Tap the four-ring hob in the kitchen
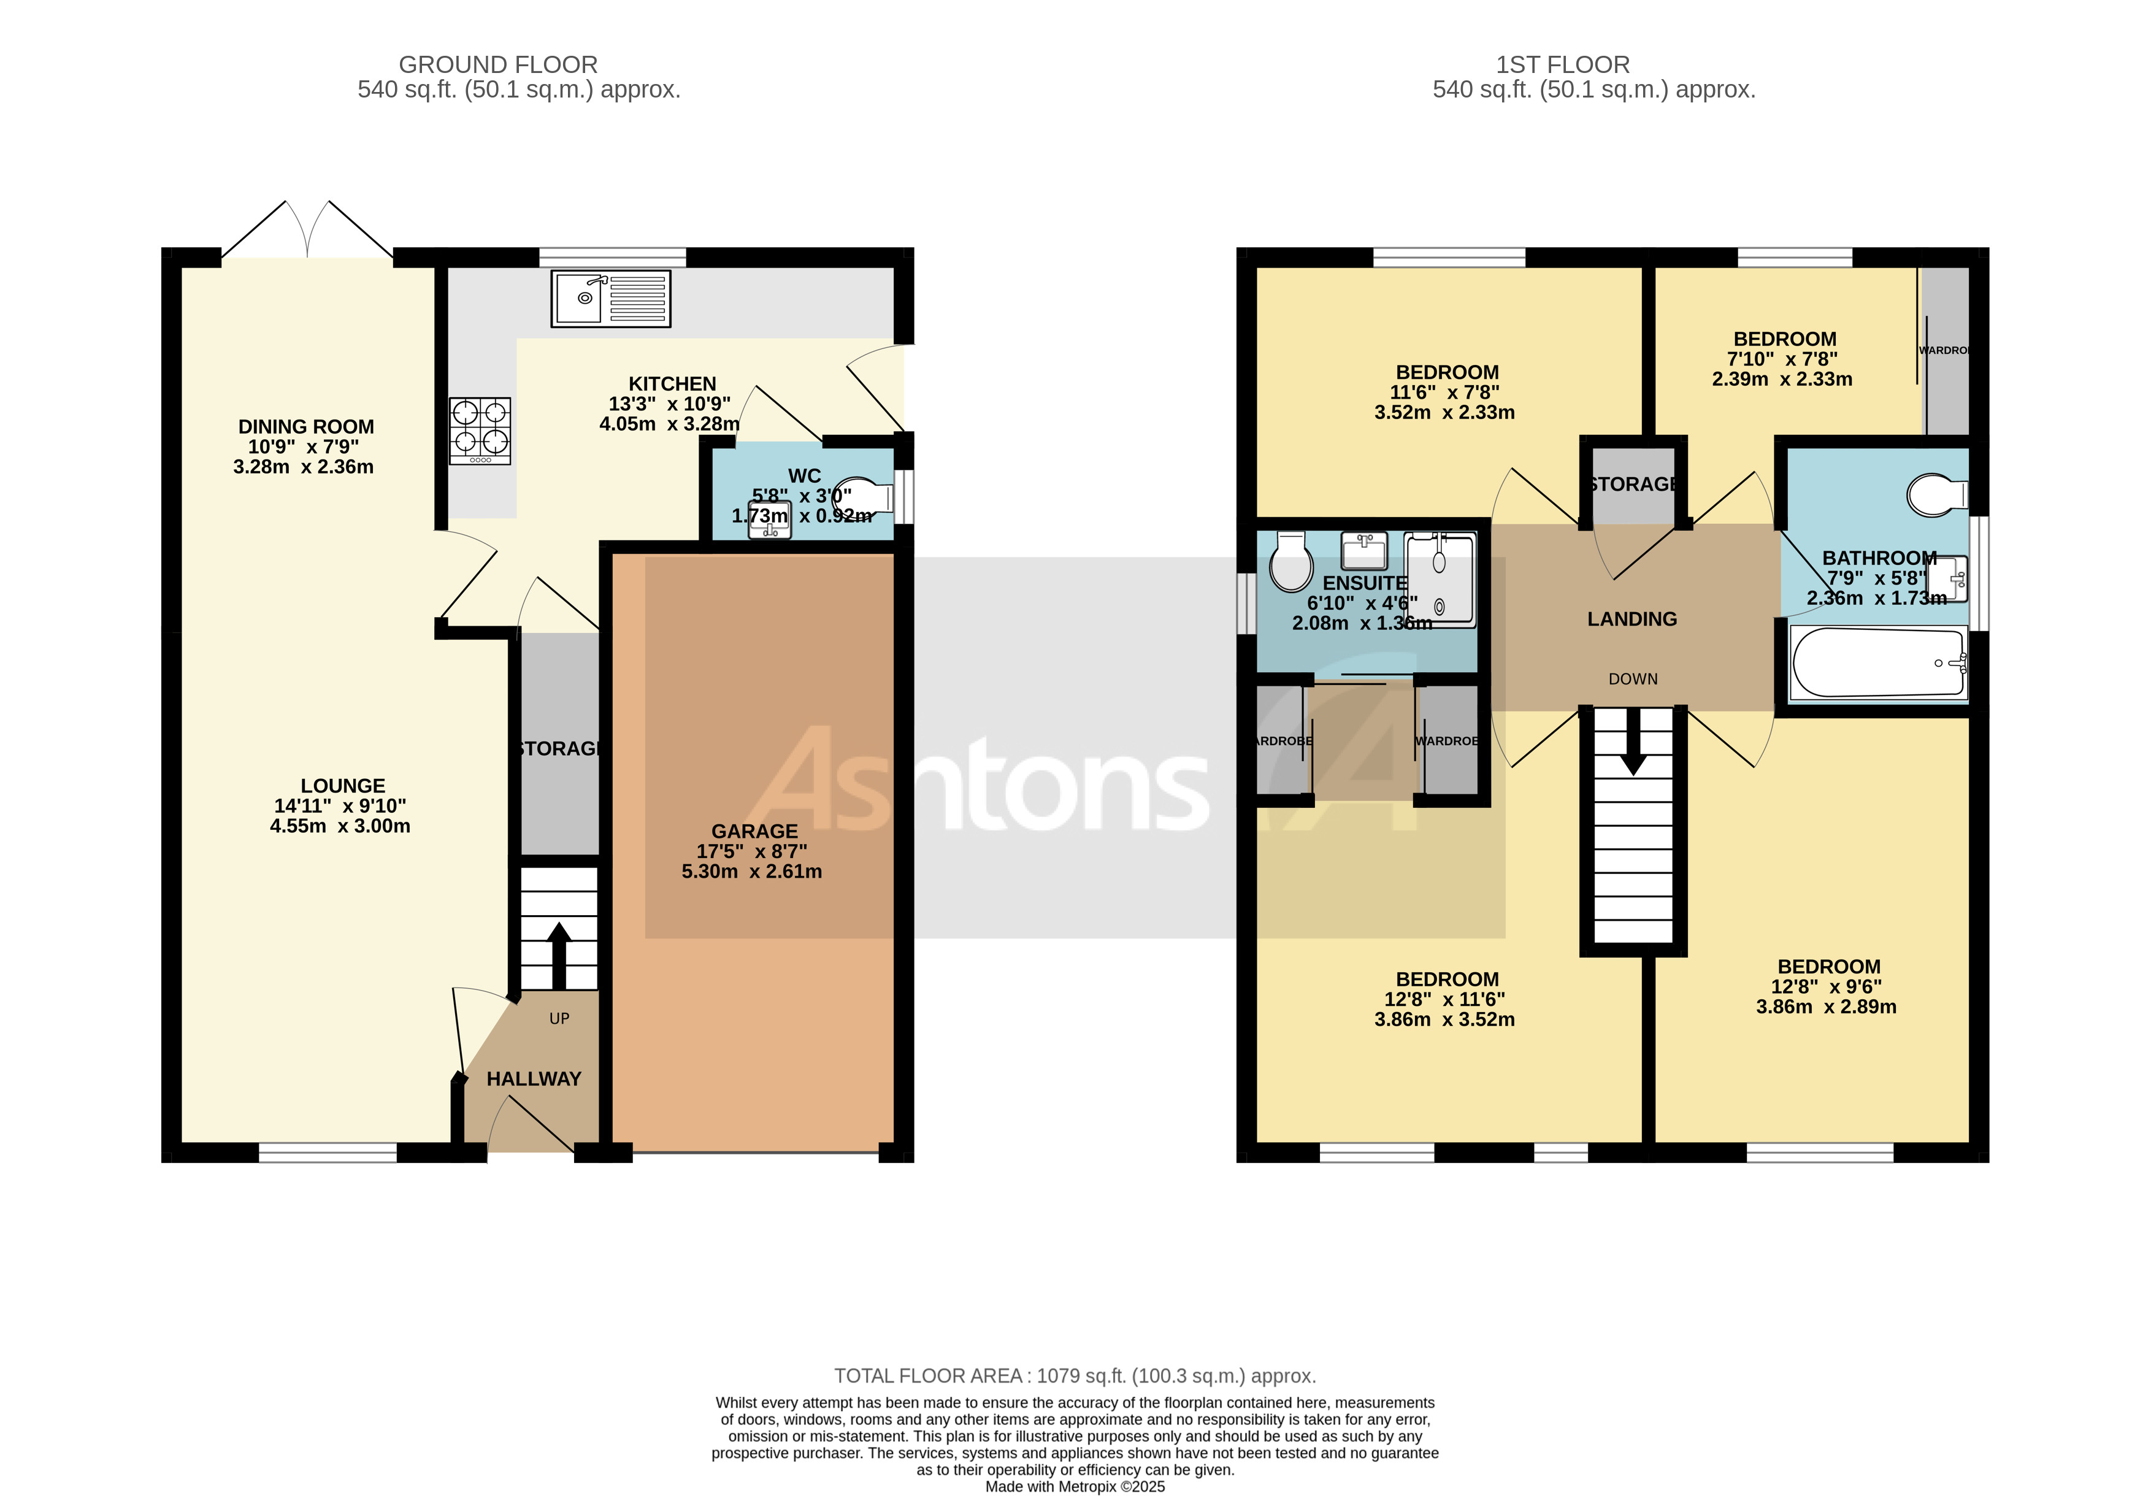point(480,431)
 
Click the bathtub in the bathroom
point(1877,663)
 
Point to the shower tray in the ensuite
point(1440,580)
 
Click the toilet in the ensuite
point(1291,563)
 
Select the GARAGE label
point(754,831)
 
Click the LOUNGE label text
point(343,786)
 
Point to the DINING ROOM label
point(305,427)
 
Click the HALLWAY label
point(534,1079)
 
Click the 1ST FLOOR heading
point(1562,64)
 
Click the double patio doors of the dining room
point(307,229)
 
